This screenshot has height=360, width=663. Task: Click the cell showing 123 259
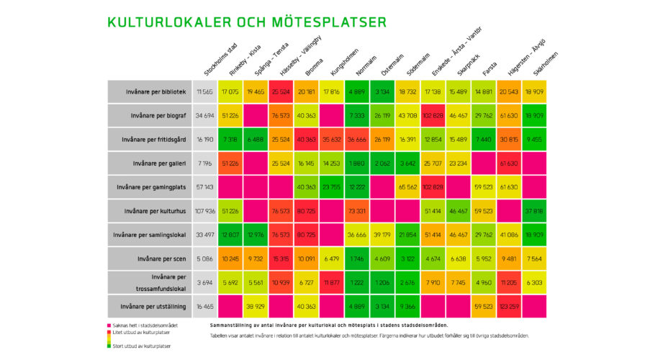click(x=508, y=306)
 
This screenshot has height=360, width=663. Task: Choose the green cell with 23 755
click(x=332, y=186)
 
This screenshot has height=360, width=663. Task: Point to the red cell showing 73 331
click(x=357, y=210)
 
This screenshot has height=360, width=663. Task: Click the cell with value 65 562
click(x=407, y=186)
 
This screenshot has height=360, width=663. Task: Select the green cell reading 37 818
click(x=533, y=210)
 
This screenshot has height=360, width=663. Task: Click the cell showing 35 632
click(x=332, y=139)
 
